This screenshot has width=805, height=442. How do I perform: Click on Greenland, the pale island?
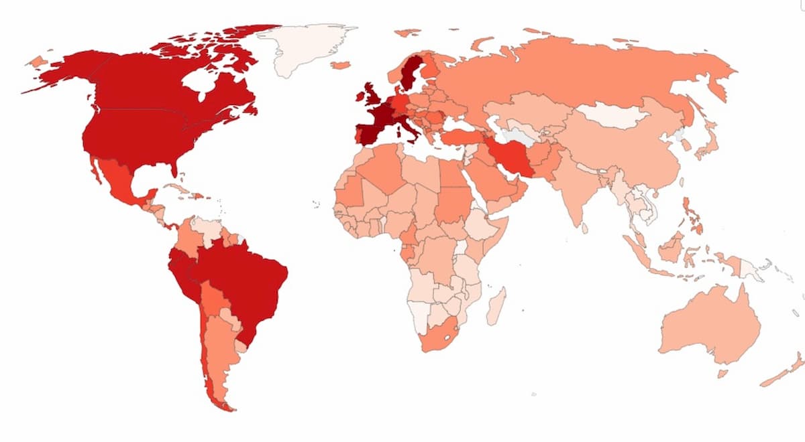click(302, 47)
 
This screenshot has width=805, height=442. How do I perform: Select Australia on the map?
click(711, 328)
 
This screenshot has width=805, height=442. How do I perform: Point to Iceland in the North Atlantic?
click(340, 65)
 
